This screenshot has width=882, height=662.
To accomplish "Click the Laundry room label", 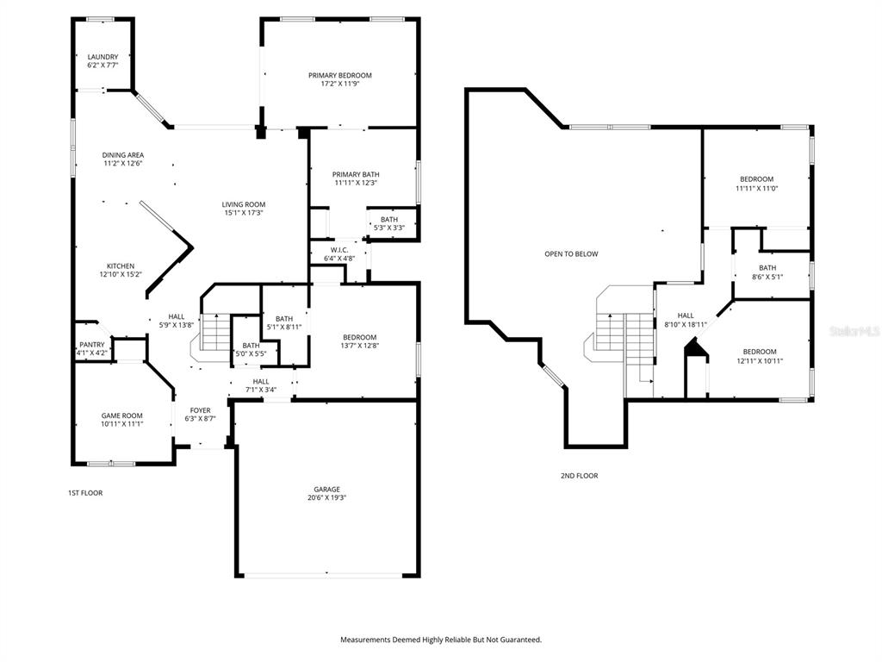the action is coord(103,57).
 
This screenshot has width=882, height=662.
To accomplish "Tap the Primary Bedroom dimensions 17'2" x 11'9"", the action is coord(339,84).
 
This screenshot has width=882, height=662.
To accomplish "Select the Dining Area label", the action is coord(123,155).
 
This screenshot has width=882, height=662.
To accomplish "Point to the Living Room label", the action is coord(244,204).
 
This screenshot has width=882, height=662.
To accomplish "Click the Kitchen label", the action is coord(121,266).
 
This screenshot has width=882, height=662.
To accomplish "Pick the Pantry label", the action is coord(91,345).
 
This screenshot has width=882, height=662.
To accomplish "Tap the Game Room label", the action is coord(122,416).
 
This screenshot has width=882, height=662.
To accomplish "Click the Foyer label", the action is coord(200,410).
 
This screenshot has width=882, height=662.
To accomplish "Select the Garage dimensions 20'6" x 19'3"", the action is coord(326,497).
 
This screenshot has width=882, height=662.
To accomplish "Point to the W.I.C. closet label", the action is coord(339,250).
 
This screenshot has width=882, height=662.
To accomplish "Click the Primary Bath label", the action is coord(356,174).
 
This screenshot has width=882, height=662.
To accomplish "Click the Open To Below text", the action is coord(572,254).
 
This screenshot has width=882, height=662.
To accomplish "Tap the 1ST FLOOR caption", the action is coord(85,493).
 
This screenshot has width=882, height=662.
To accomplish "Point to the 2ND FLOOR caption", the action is coord(580,476).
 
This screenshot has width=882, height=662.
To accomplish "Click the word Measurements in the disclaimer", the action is coord(363,640).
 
